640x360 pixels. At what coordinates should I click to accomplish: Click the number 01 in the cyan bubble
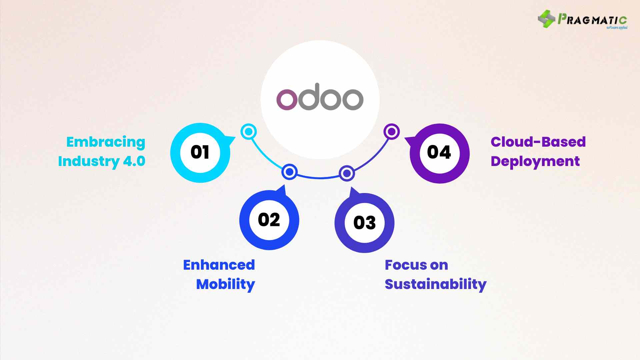pos(200,152)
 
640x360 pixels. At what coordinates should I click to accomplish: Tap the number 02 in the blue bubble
pos(269,220)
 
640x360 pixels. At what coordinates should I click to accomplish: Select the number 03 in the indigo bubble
pos(364,223)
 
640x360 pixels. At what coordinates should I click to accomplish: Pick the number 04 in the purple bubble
pos(439,152)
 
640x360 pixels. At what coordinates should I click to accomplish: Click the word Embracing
pos(106,142)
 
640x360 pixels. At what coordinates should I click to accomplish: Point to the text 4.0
pos(134,161)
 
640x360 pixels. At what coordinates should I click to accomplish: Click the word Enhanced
pos(219,265)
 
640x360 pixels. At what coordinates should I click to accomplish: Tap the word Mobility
pos(225,284)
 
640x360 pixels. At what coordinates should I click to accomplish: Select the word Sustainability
pos(435,284)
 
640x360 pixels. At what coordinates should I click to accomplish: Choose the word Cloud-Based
pos(538,142)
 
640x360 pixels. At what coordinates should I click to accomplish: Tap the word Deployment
pos(535,162)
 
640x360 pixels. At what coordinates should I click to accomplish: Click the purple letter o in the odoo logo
pos(286,99)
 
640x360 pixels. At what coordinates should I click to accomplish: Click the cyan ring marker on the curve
pos(249,132)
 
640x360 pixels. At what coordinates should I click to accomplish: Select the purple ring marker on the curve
pos(392,132)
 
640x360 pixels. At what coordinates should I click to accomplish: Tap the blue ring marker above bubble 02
pos(289,172)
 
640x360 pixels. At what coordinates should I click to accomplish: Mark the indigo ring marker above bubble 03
pos(347,173)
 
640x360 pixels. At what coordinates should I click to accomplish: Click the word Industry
pos(89,161)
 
